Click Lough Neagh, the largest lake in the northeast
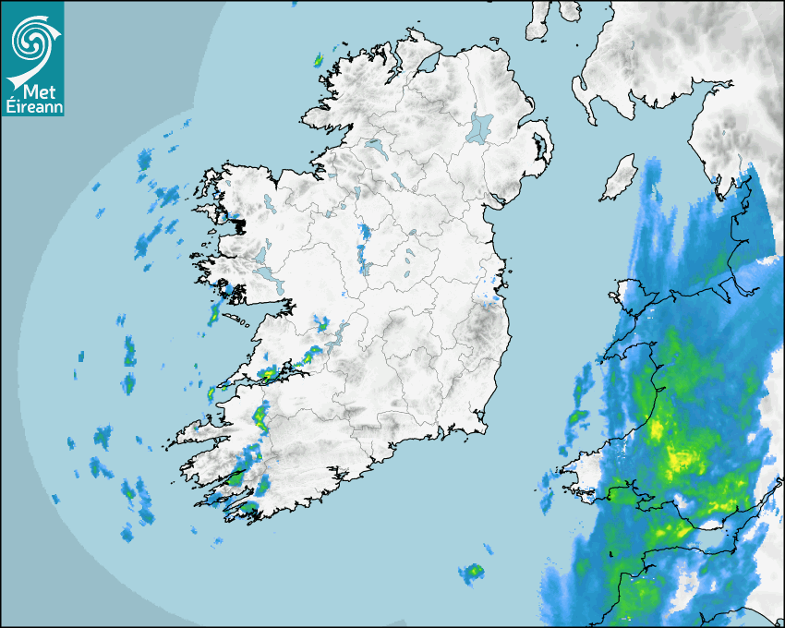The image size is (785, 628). tap(480, 127)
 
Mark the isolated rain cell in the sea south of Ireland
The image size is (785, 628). tap(473, 574)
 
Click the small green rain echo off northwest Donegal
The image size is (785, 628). tap(317, 61)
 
